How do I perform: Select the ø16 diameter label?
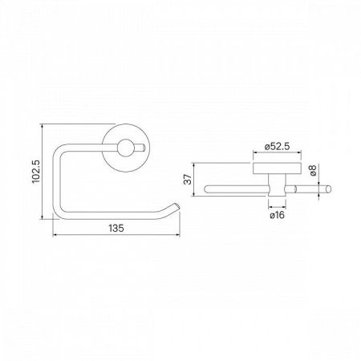pos(278,215)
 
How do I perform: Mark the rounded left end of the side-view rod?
pos(209,189)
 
